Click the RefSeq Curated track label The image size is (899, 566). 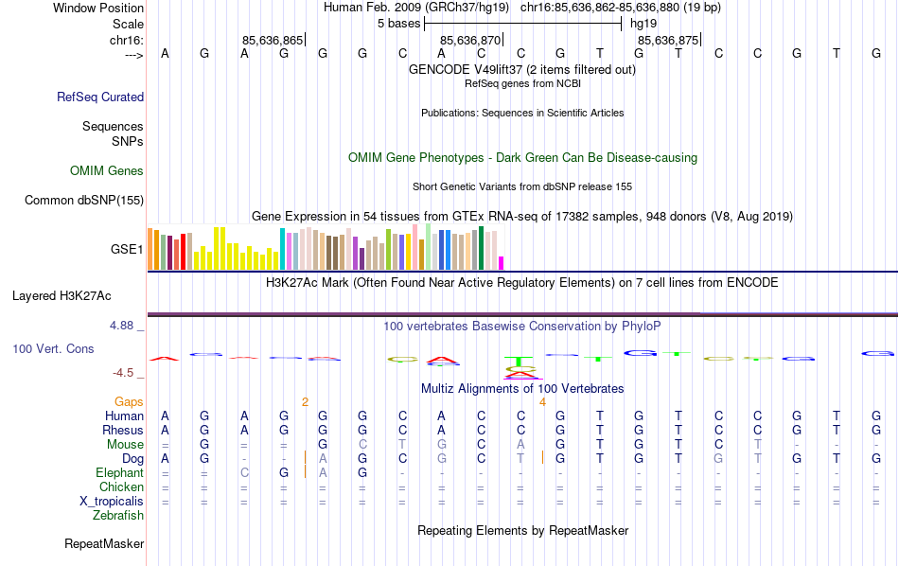[x=99, y=97]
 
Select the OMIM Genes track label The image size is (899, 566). [x=106, y=171]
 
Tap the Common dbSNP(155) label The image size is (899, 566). [x=84, y=200]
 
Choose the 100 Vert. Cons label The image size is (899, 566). [x=53, y=349]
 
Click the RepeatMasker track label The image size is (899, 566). [x=104, y=544]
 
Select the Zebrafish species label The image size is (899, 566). [x=118, y=516]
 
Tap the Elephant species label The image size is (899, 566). [x=119, y=472]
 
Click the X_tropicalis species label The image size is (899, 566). [x=112, y=501]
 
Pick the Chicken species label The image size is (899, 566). [x=121, y=486]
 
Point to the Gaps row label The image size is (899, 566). [x=129, y=401]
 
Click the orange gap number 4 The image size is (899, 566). [x=542, y=401]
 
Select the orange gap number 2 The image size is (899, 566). [x=305, y=401]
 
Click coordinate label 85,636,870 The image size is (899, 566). [x=470, y=40]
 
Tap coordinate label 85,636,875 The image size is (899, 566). [x=668, y=40]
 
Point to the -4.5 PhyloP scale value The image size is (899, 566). [x=125, y=373]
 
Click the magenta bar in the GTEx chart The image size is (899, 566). [x=502, y=262]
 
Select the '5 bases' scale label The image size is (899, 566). [x=398, y=22]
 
